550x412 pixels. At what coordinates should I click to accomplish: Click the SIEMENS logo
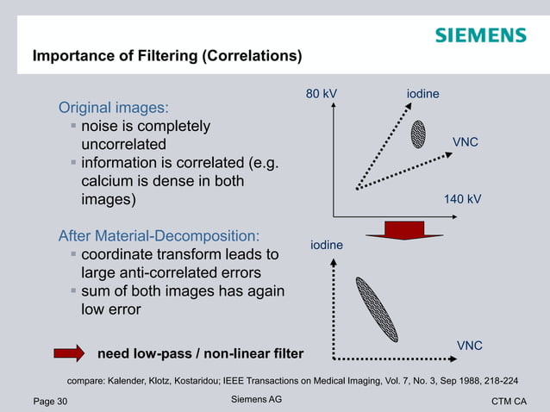480,35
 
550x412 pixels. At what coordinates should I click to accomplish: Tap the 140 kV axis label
462,199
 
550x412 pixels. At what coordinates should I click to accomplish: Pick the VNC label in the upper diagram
466,140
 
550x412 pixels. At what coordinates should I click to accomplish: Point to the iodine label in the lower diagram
327,246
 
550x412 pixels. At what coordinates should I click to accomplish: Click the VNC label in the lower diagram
469,346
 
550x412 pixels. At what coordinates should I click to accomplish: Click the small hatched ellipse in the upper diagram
418,134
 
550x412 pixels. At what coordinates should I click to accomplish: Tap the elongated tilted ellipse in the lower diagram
377,308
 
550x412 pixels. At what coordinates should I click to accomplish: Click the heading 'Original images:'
112,109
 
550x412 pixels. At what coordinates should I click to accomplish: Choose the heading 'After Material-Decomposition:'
159,235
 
